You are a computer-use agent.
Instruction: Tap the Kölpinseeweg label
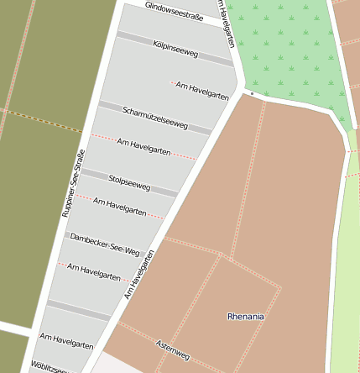[x=175, y=48]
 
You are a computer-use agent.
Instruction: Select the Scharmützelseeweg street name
[x=155, y=118]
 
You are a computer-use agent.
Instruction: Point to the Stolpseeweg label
[x=129, y=182]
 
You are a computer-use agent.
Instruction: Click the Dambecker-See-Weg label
[x=105, y=244]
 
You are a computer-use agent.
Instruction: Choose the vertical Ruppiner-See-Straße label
[x=74, y=183]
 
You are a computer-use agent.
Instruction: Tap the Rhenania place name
[x=245, y=317]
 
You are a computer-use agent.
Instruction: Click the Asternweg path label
[x=173, y=350]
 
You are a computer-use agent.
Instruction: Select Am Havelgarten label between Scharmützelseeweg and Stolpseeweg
[x=143, y=148]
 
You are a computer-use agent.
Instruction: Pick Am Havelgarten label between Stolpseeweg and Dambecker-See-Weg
[x=119, y=208]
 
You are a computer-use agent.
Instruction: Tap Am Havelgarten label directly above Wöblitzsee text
[x=66, y=340]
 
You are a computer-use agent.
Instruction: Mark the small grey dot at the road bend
[x=252, y=94]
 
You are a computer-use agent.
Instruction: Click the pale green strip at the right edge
[x=346, y=277]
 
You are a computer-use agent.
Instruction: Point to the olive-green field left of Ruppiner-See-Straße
[x=34, y=168]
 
